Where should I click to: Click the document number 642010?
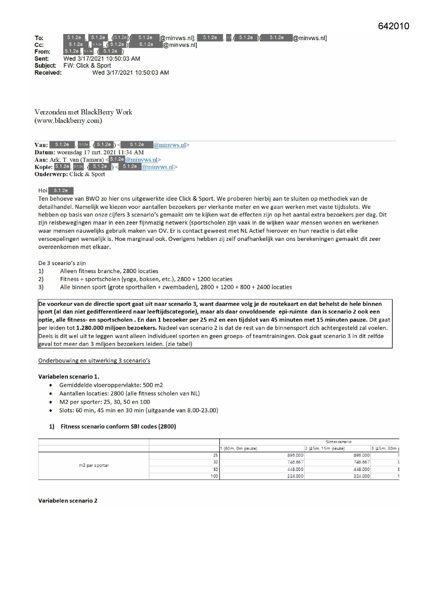393,26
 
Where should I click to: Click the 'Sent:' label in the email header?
42,59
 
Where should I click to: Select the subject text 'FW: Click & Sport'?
87,66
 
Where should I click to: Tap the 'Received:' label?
48,73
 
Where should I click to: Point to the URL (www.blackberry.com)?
68,121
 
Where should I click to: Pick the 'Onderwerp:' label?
51,174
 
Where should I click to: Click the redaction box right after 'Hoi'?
61,191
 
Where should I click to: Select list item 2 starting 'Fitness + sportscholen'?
146,279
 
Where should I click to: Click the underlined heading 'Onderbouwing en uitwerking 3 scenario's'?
94,361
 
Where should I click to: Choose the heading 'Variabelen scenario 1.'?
69,377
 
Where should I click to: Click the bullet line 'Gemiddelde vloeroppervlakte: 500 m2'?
111,385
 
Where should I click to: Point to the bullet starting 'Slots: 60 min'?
139,410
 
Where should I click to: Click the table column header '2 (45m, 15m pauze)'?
325,449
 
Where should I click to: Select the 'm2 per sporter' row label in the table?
94,465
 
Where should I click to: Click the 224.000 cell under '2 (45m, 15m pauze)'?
361,477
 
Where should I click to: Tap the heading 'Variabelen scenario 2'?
68,501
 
